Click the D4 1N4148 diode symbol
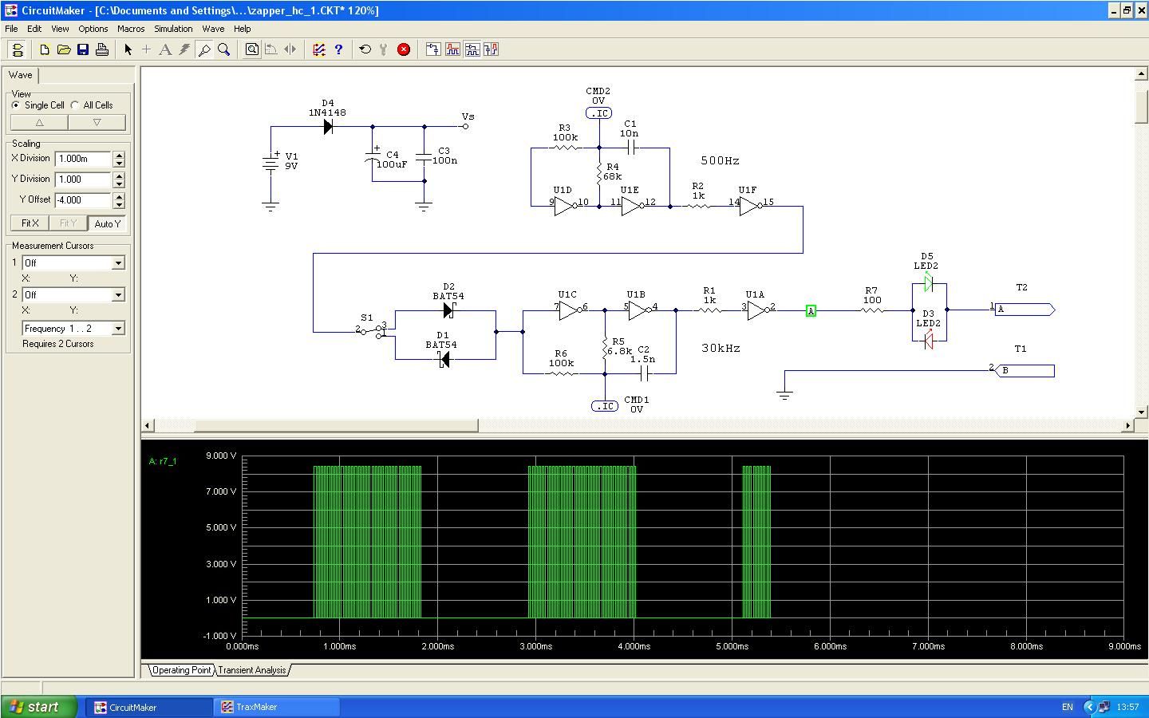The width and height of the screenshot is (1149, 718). click(328, 126)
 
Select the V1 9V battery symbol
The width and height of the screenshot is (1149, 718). click(270, 163)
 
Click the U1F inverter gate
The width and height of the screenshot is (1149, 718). click(750, 206)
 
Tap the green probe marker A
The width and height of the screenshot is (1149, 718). click(811, 311)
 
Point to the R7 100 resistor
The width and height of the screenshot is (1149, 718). click(872, 310)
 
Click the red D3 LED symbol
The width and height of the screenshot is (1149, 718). click(929, 341)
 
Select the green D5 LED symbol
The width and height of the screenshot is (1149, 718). click(929, 282)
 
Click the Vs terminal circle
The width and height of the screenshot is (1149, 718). click(465, 126)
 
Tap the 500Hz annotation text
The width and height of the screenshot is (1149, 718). click(721, 160)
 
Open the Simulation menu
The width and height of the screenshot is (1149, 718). click(173, 29)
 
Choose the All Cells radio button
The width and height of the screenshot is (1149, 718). click(75, 105)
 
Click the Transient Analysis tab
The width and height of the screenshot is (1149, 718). click(252, 670)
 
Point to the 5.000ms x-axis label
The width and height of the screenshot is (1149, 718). click(732, 646)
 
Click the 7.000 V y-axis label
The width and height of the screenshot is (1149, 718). click(221, 491)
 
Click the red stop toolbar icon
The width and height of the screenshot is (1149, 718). click(404, 49)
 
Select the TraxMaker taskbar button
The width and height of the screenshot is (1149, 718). click(276, 707)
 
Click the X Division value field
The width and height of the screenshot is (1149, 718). click(83, 159)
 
